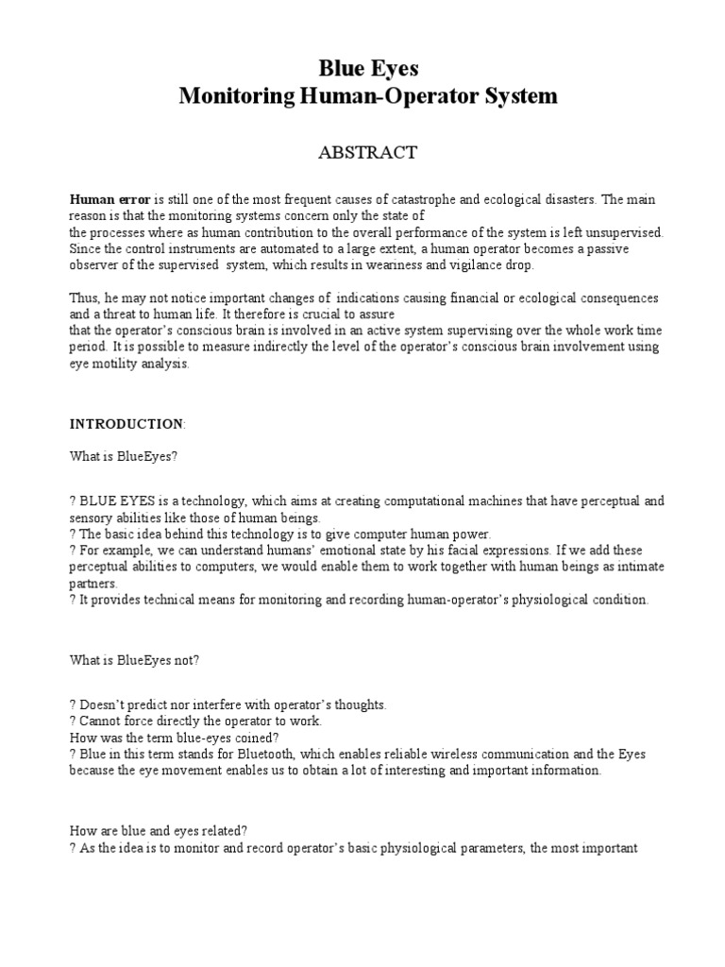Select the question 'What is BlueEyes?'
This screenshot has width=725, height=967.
(x=124, y=456)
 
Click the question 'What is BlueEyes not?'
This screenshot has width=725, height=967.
(x=134, y=661)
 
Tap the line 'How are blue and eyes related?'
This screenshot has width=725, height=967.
(x=159, y=831)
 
